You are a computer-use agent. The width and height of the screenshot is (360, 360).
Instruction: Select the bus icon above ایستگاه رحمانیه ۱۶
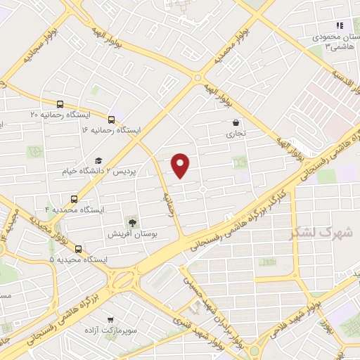pyautogui.click(x=112, y=119)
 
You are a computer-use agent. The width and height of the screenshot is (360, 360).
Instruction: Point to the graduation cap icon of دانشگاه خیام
pyautogui.click(x=98, y=160)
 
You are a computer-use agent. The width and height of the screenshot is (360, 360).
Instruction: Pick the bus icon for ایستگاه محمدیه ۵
pyautogui.click(x=77, y=248)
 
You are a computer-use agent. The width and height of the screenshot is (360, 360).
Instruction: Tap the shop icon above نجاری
pyautogui.click(x=236, y=122)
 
